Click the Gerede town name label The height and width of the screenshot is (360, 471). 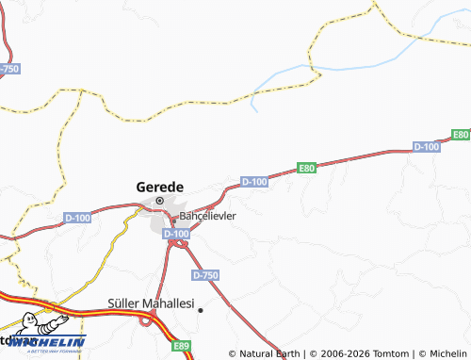click(x=160, y=186)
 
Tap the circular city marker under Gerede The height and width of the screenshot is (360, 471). click(x=160, y=201)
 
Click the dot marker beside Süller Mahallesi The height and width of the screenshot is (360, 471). click(x=200, y=309)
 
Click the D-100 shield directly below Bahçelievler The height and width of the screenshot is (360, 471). click(x=176, y=233)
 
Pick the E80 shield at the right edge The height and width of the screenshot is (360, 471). click(x=460, y=136)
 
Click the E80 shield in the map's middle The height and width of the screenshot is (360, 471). click(x=306, y=168)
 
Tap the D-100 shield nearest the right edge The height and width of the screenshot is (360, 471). click(x=427, y=146)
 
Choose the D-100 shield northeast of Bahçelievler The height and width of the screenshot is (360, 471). click(x=254, y=181)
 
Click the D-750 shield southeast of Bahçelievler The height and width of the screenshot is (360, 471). click(x=204, y=275)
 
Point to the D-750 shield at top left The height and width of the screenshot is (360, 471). click(x=8, y=69)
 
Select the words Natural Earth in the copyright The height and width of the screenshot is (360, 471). click(x=270, y=353)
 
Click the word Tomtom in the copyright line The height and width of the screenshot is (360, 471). click(x=383, y=353)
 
